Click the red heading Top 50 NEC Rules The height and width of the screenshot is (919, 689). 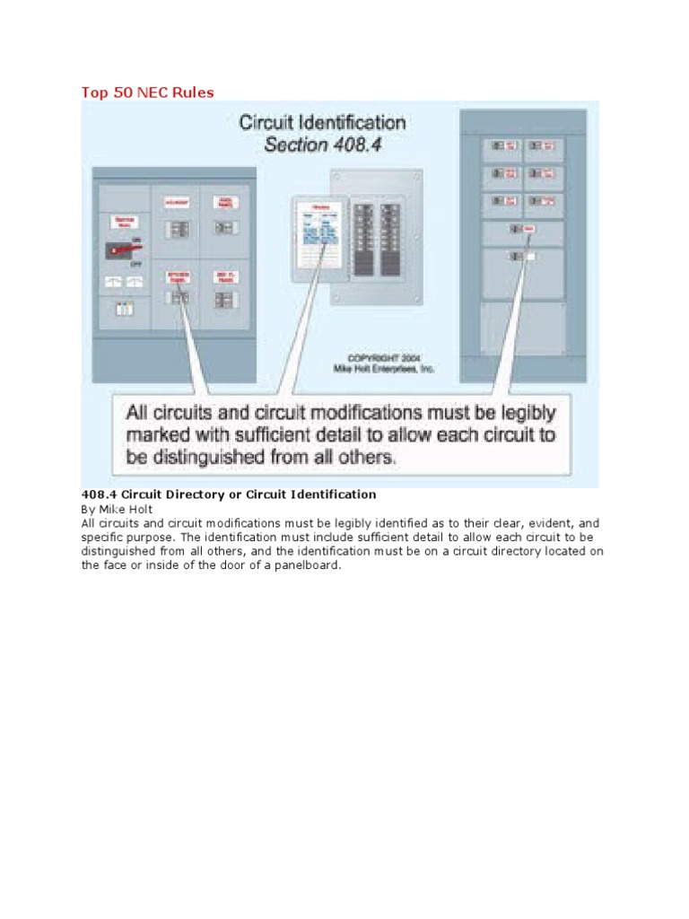(x=148, y=92)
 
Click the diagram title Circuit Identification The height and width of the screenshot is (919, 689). (x=322, y=123)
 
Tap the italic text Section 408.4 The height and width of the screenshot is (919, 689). (x=322, y=144)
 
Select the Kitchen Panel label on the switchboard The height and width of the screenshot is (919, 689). (x=177, y=276)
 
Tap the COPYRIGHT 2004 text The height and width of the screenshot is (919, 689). (x=385, y=357)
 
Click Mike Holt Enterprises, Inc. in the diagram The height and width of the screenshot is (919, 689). (x=385, y=369)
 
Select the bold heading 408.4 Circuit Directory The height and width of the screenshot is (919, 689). (x=229, y=495)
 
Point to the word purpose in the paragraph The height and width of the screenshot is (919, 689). (x=148, y=537)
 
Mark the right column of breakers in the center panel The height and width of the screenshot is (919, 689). (x=390, y=239)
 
